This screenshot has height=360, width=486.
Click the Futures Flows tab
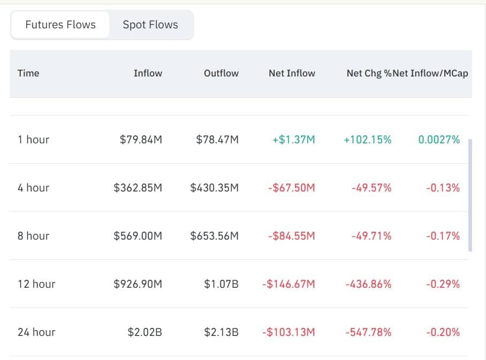point(60,25)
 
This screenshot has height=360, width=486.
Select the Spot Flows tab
point(150,25)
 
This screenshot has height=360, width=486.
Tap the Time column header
point(28,73)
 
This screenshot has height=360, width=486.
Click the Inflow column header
point(148,73)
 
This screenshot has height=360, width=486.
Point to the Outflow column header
point(221,73)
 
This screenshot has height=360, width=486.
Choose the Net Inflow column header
point(292,73)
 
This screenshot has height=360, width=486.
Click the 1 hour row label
point(33,140)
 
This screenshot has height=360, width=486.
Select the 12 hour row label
point(36,284)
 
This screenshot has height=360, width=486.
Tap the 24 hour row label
point(36,332)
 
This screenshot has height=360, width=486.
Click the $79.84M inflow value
point(141,140)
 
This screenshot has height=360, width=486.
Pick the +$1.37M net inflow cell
point(294,140)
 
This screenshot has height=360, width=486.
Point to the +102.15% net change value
point(368,140)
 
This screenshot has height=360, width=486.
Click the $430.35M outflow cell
point(214,188)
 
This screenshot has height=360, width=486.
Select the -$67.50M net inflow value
point(292,188)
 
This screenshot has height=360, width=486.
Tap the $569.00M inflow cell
point(138,236)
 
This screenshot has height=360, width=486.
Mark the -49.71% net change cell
point(371,236)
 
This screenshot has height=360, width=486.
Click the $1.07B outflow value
point(221,284)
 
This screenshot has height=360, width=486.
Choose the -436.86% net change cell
point(368,284)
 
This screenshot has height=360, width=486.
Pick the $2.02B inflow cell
point(145,332)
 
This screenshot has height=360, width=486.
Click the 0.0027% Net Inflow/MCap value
point(438,140)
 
